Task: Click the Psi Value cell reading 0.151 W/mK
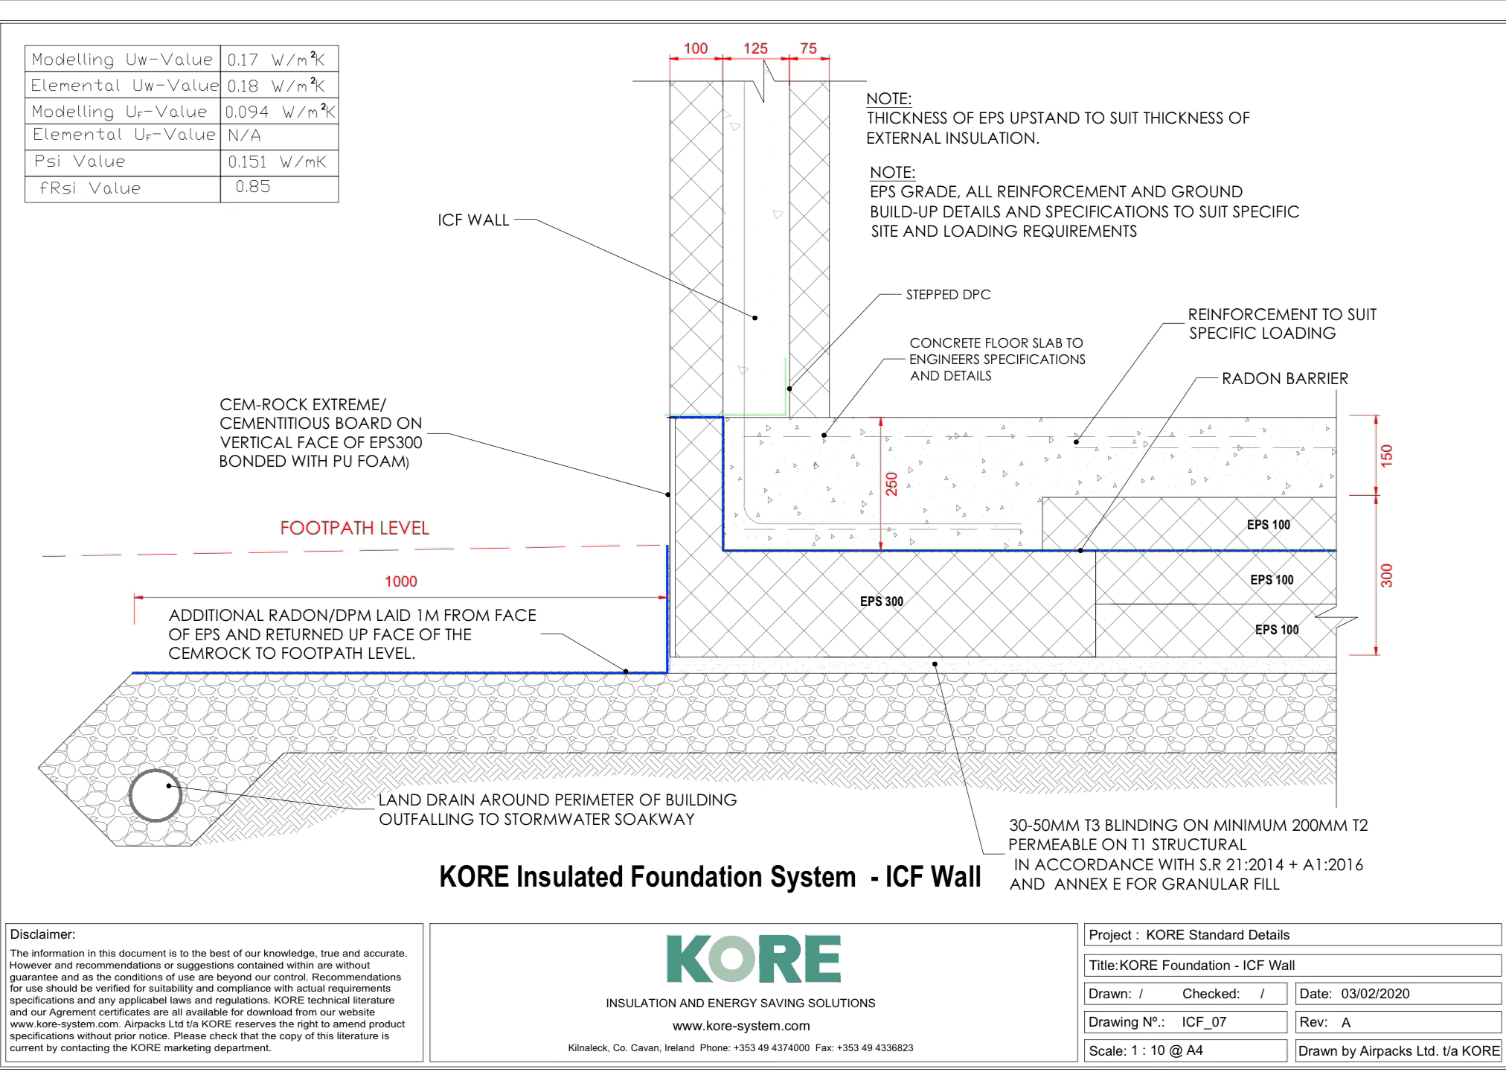click(x=277, y=162)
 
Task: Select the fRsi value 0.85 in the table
click(x=253, y=187)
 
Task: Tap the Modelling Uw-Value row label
click(x=122, y=60)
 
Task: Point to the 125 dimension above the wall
click(x=755, y=48)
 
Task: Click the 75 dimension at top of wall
click(x=808, y=48)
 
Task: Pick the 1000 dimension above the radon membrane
click(x=400, y=581)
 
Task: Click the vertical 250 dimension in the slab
click(x=891, y=484)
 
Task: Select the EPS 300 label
click(x=882, y=602)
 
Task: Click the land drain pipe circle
click(x=156, y=795)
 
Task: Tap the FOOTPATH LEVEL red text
click(x=354, y=528)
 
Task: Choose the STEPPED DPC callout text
click(x=948, y=295)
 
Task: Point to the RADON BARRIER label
click(x=1284, y=378)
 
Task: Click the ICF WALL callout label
click(x=473, y=220)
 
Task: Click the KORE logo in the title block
click(x=752, y=960)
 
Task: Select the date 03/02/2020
click(x=1375, y=993)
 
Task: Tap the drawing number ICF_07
click(x=1203, y=1021)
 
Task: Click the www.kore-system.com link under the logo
click(x=740, y=1026)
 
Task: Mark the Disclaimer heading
click(x=42, y=934)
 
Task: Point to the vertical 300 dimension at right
click(x=1386, y=575)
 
